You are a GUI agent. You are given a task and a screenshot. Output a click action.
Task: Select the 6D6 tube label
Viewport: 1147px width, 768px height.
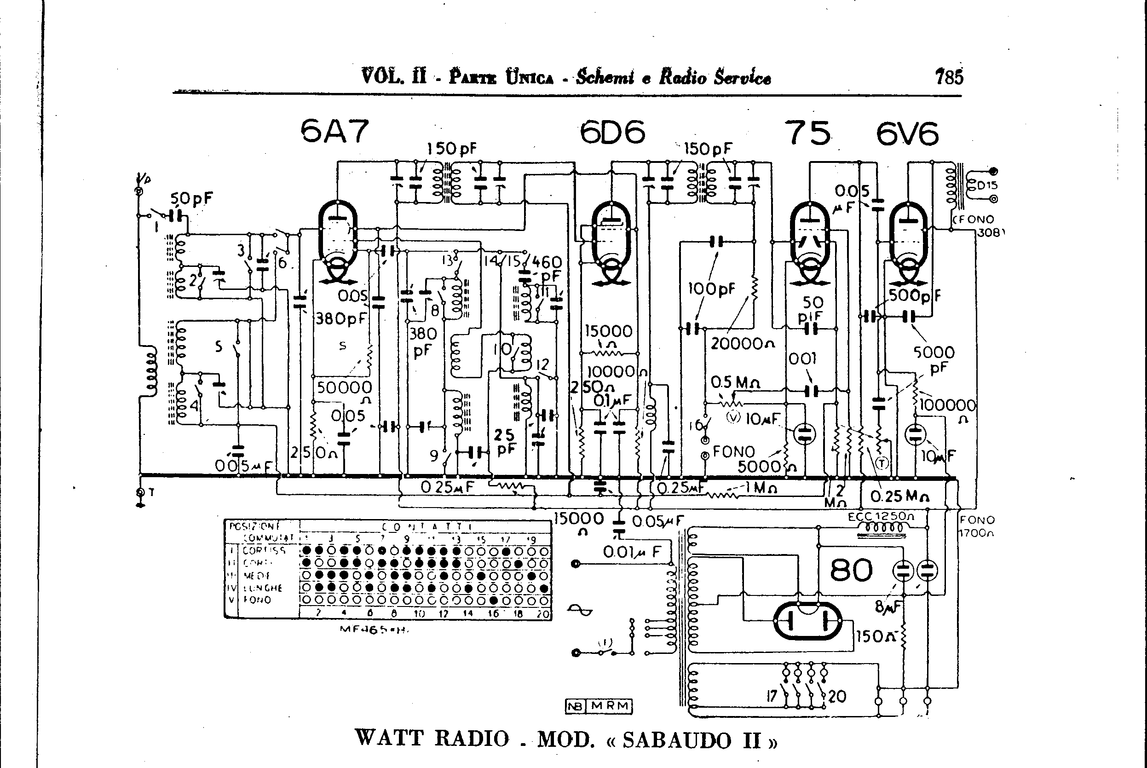[x=612, y=132]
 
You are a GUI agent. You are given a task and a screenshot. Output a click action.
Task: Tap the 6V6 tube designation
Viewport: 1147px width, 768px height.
[x=907, y=134]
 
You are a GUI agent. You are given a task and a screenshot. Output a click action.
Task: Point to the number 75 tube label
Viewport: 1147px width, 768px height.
[x=807, y=133]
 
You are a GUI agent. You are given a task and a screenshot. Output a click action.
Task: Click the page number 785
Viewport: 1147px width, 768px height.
[x=949, y=77]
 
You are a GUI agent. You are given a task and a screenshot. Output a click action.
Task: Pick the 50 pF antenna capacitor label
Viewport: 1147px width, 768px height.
[x=191, y=199]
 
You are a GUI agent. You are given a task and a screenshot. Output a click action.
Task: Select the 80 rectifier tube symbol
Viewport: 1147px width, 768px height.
[x=807, y=621]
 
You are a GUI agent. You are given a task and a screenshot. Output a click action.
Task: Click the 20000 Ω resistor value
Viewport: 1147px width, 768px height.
[x=743, y=344]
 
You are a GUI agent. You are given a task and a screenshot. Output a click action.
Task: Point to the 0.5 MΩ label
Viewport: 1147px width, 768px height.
[x=735, y=382]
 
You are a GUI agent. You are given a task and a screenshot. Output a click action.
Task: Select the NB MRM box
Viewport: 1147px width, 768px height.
[x=599, y=706]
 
